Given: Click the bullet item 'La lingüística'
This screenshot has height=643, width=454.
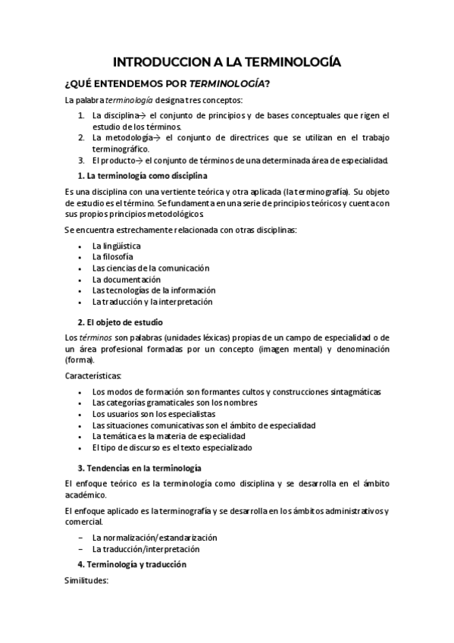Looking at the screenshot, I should (116, 246).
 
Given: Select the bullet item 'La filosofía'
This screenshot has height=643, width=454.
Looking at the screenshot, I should (112, 257).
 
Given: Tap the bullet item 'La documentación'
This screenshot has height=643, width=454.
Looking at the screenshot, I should (127, 279).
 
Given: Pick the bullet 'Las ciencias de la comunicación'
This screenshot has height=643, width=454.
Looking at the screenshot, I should (150, 268).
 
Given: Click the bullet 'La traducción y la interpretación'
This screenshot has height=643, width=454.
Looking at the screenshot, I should (152, 301).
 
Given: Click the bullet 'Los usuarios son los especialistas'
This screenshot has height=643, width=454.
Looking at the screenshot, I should (154, 414).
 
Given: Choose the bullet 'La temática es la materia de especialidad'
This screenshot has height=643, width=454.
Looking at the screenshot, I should (168, 436).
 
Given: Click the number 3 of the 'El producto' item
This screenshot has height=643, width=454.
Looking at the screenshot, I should (81, 160).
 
